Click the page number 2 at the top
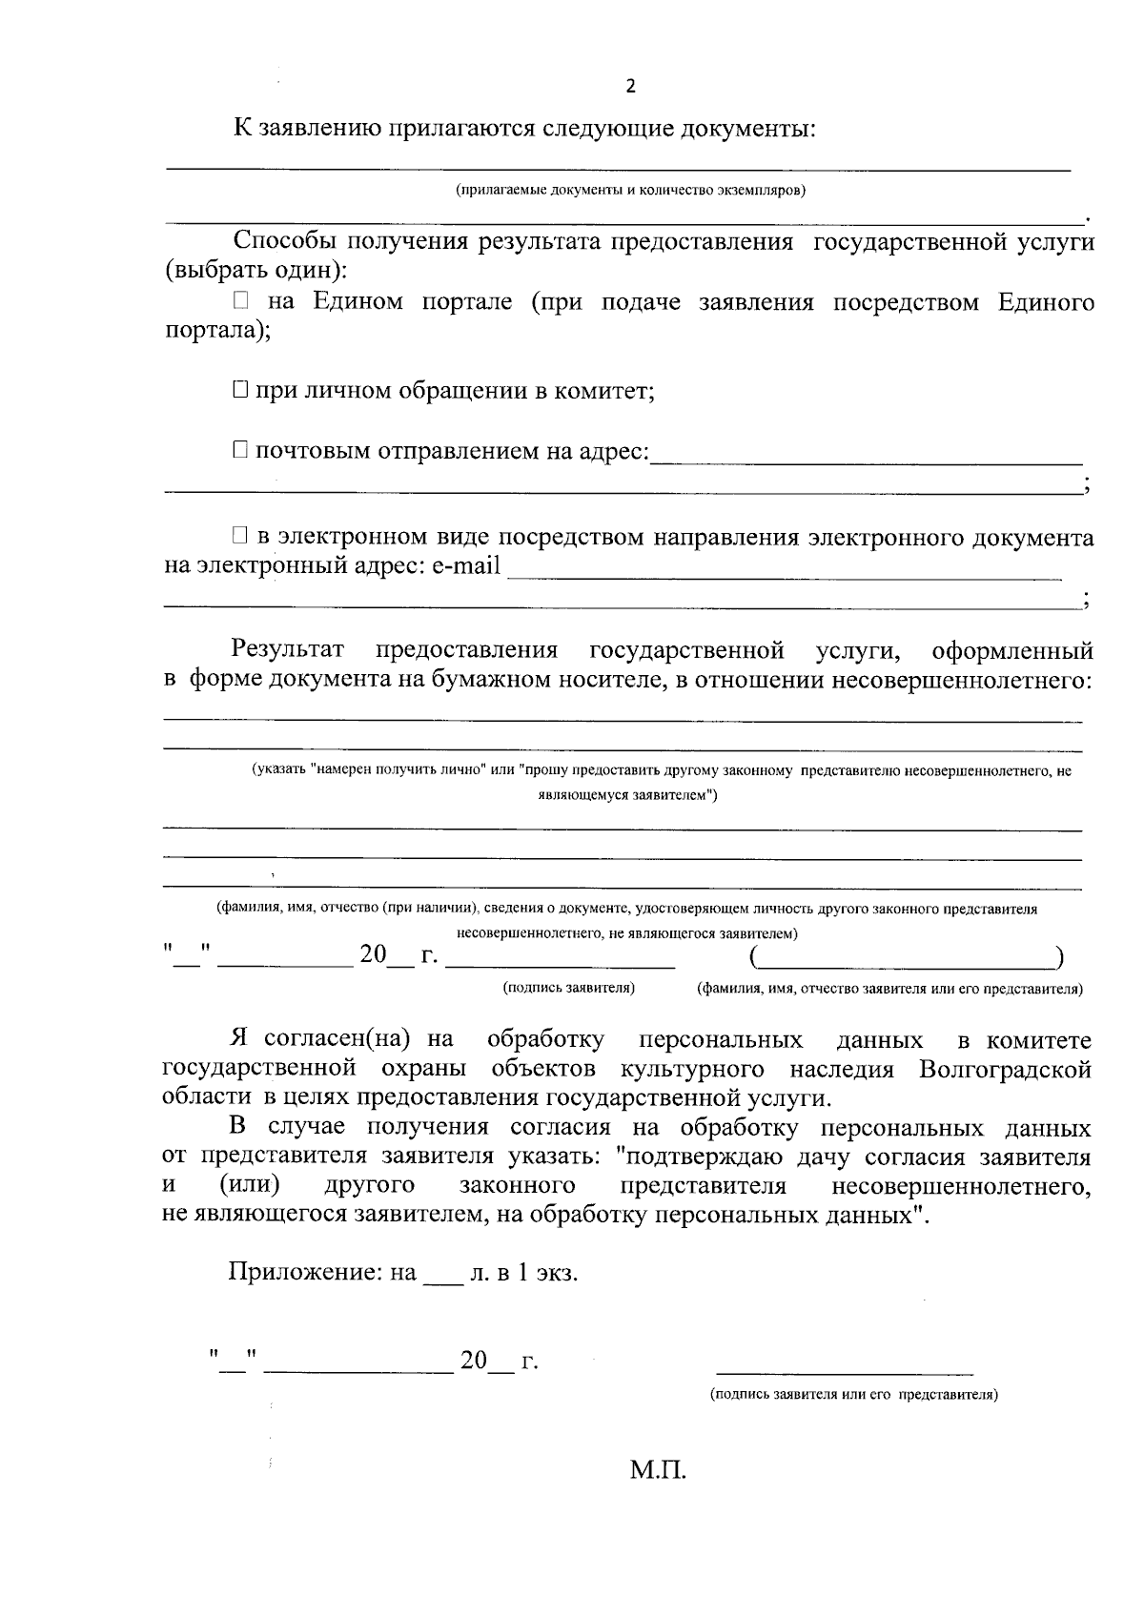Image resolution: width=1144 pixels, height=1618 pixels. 629,87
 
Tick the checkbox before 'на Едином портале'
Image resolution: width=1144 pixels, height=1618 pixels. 240,302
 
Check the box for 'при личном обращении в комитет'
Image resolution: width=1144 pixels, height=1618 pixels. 240,390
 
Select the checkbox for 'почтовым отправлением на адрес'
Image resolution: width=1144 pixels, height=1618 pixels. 240,450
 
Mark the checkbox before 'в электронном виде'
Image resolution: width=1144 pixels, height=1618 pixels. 240,538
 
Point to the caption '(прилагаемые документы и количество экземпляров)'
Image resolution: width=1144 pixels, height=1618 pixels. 630,190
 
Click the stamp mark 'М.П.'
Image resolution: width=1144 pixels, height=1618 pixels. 658,1470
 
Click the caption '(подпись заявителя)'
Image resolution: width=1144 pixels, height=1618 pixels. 569,989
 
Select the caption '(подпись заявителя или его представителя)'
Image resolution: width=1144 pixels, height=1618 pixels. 853,1394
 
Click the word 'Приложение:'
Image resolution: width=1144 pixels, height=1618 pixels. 304,1273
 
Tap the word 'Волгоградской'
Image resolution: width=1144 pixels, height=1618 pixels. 1005,1069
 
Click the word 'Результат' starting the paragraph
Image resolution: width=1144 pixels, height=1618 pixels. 287,650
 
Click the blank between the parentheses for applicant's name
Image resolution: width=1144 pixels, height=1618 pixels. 906,956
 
